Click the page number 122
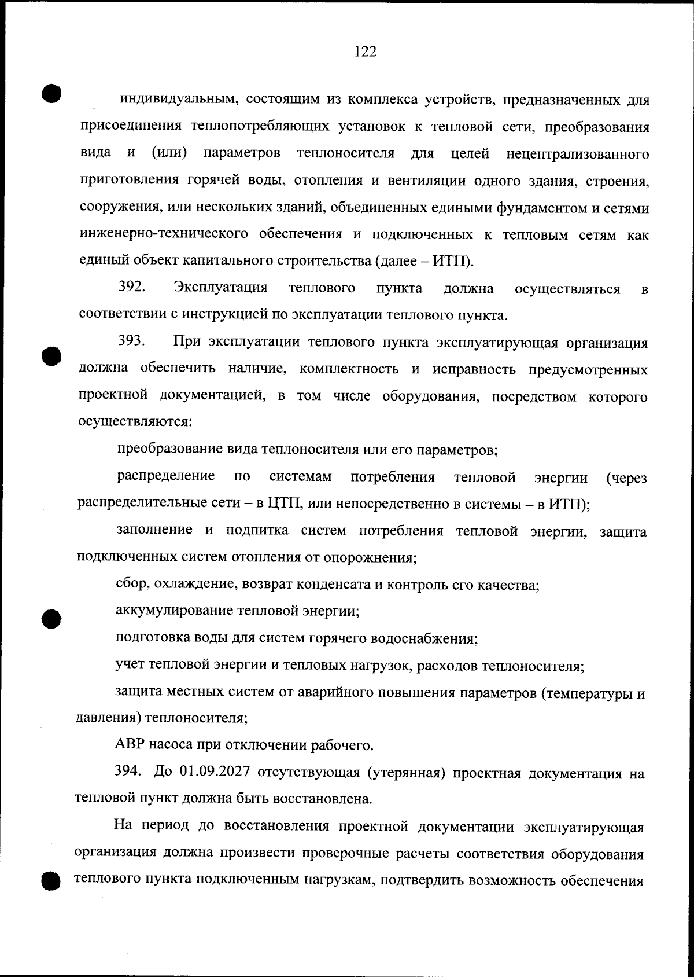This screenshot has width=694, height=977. (365, 52)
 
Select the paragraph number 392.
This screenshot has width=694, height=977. (132, 287)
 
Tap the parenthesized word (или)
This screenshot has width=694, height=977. (169, 153)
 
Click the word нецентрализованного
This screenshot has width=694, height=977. (577, 154)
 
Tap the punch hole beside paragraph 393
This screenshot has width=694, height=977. (51, 355)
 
